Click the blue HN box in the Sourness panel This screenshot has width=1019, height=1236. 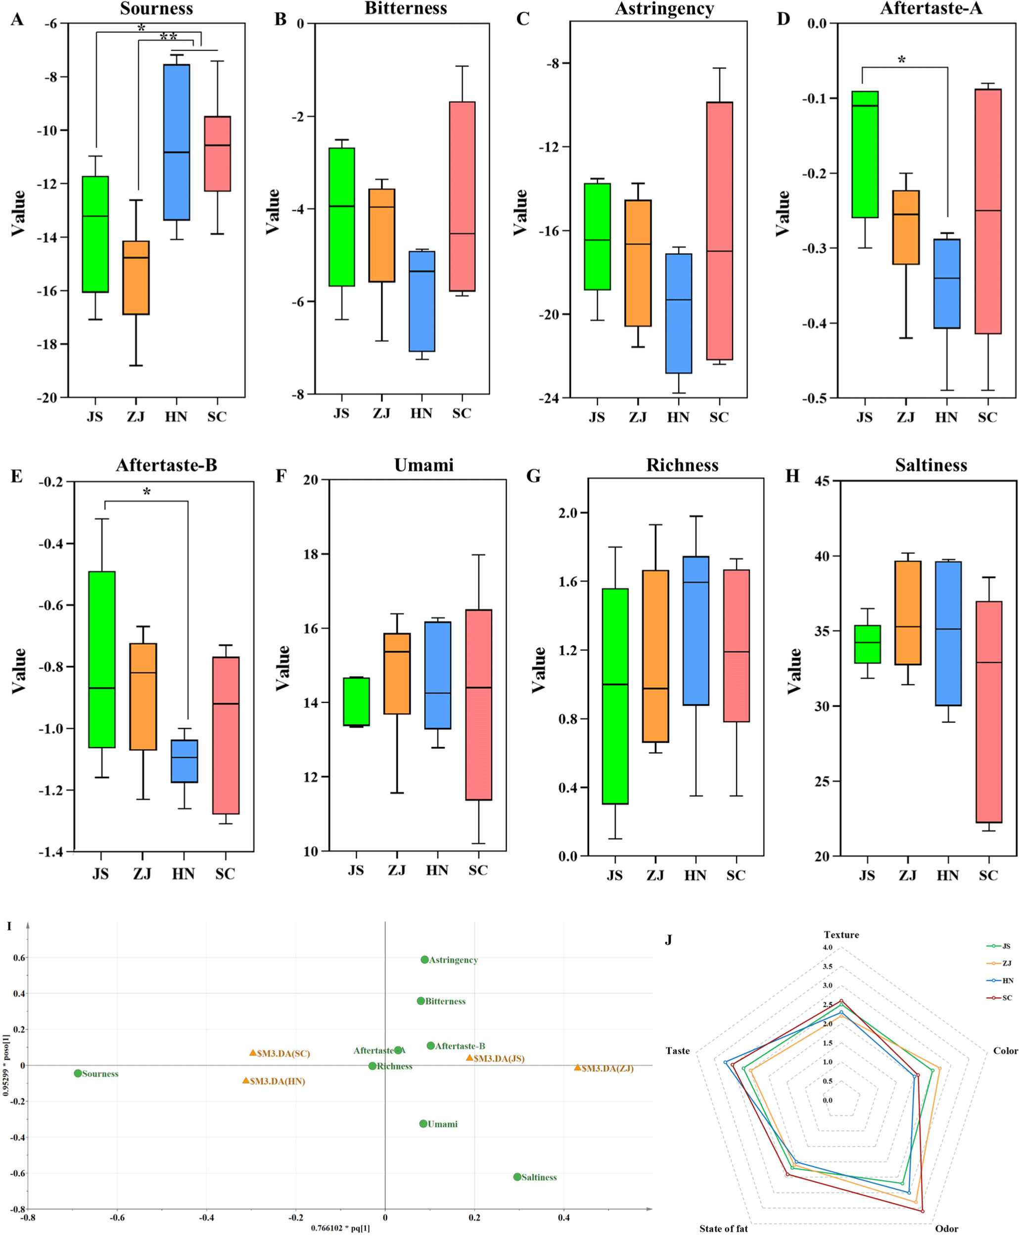tap(176, 142)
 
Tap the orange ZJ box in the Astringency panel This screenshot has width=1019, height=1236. tap(638, 263)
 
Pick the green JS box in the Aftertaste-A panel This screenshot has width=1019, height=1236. tap(865, 154)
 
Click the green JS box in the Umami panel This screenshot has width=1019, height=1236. tap(356, 701)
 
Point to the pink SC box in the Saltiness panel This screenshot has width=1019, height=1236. tap(988, 711)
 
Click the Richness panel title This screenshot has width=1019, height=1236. tap(682, 465)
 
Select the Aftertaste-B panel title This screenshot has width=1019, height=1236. tap(166, 465)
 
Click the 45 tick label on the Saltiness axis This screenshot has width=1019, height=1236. tap(822, 481)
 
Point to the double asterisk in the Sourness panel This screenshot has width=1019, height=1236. tap(169, 37)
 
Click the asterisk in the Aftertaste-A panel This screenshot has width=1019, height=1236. tap(902, 60)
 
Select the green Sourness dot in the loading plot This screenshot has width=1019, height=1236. tap(78, 1073)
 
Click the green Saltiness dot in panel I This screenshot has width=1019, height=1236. tap(517, 1177)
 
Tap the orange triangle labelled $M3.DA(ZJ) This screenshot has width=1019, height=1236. tap(578, 1067)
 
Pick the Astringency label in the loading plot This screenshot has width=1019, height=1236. tap(453, 960)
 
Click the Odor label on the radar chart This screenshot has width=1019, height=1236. tap(946, 1229)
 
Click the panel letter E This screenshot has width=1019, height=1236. tap(16, 476)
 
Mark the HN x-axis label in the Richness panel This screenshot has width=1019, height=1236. tap(695, 875)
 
